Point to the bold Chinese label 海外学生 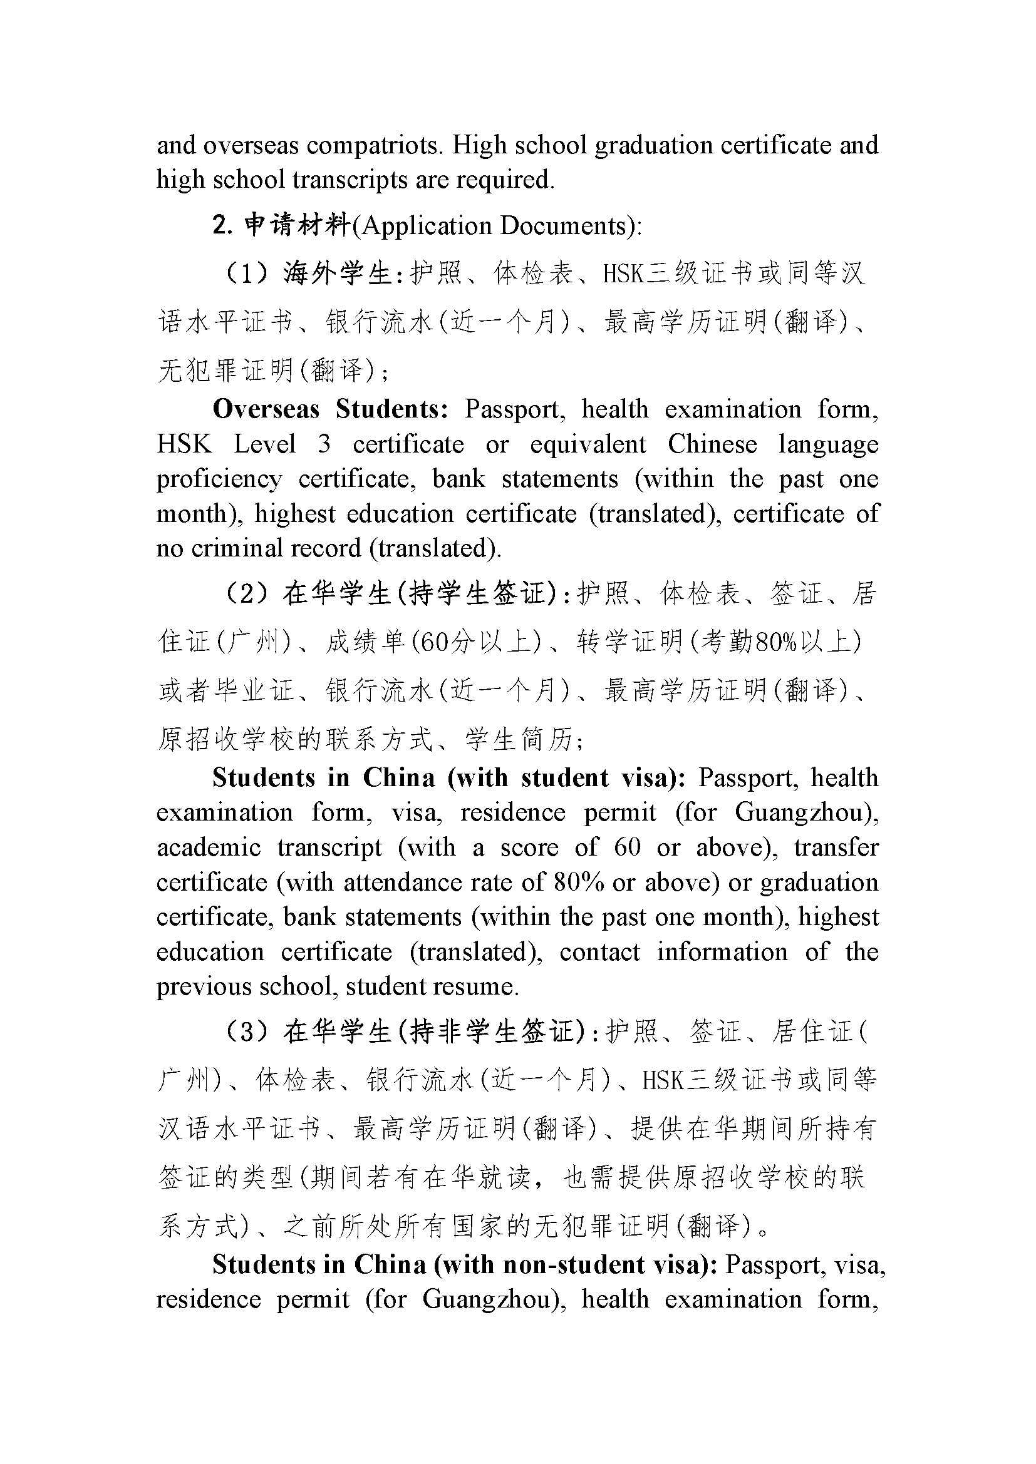pos(337,274)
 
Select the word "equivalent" pos(588,444)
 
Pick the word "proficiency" pos(219,479)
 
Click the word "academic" pos(209,848)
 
